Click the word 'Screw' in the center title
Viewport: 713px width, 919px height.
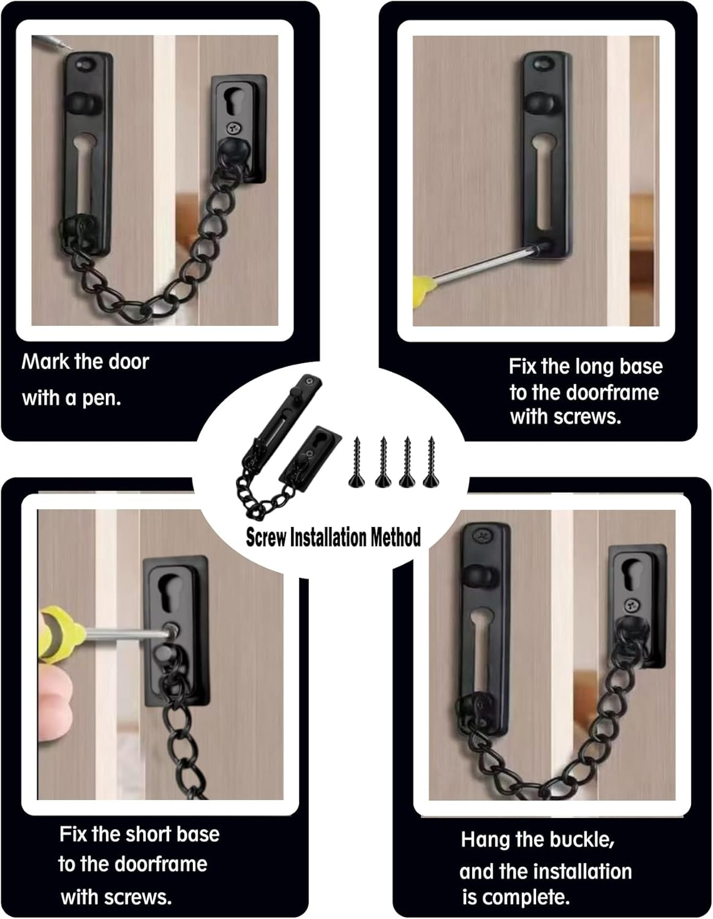coord(266,537)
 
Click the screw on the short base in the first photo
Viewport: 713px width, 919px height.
coord(232,129)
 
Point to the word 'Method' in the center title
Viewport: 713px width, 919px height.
coord(395,537)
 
